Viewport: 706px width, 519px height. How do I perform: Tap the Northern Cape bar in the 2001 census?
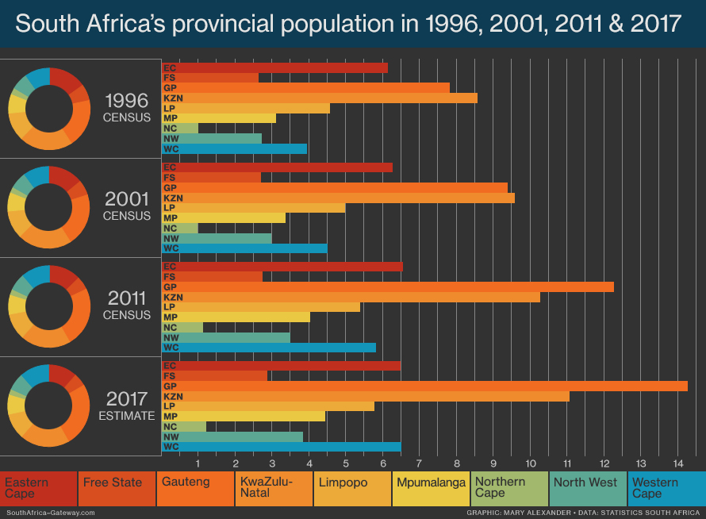coord(180,228)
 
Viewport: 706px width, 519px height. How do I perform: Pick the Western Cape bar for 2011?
coord(269,347)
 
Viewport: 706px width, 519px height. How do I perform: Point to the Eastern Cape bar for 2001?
coord(277,167)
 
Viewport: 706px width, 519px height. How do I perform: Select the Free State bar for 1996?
coord(210,78)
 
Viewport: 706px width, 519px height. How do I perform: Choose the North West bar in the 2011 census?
coord(226,337)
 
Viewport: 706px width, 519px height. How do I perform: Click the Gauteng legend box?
coord(195,488)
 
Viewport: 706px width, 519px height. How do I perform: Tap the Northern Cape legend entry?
coord(508,488)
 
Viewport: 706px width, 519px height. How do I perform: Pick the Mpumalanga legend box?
coord(431,488)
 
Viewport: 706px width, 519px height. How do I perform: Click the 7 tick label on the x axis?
coord(420,463)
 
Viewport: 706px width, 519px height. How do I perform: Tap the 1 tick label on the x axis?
coord(198,463)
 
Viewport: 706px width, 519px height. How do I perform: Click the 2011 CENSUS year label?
coord(126,305)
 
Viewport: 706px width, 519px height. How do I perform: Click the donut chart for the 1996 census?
coord(49,109)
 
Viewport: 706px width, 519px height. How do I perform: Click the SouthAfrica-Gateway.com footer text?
coord(49,513)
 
